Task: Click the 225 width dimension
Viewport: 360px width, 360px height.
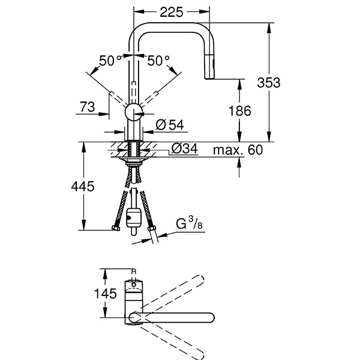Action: tap(172, 11)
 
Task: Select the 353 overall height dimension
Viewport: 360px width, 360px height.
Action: tap(271, 83)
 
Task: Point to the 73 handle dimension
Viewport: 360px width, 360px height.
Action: tap(88, 107)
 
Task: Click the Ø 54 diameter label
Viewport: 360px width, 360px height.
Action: tap(170, 125)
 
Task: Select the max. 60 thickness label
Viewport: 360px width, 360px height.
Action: tap(240, 150)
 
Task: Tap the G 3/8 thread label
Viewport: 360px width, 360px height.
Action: tap(188, 227)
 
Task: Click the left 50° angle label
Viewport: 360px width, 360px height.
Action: tap(112, 61)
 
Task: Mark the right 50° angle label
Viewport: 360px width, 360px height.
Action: tap(159, 61)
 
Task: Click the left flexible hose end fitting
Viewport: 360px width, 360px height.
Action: tap(115, 229)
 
